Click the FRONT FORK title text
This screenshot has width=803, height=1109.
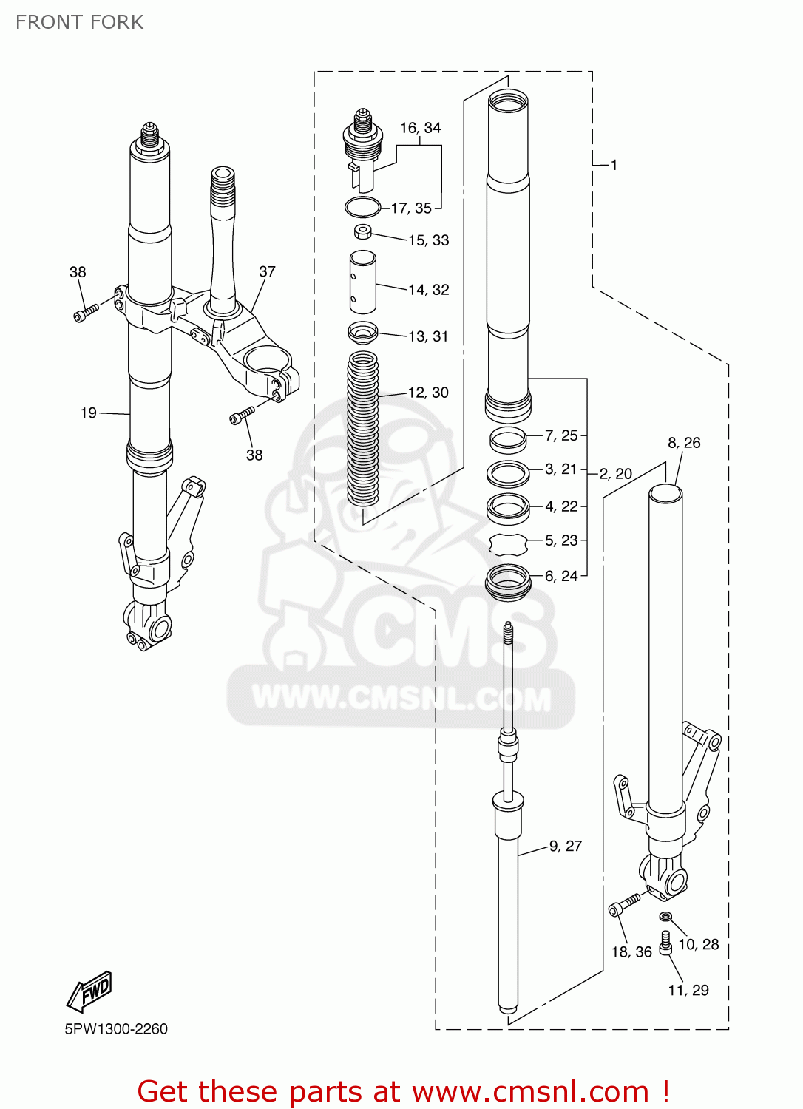(79, 22)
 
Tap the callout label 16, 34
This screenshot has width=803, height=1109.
(420, 128)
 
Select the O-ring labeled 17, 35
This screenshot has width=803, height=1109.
(362, 208)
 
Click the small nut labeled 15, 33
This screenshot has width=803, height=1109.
(362, 232)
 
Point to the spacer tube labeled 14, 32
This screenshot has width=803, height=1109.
(362, 282)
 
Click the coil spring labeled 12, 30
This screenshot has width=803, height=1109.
(362, 429)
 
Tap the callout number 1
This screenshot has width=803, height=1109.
(614, 165)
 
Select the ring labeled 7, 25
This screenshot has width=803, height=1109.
(508, 439)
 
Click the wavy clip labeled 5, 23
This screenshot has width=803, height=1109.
(508, 544)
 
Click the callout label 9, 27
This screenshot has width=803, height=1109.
(566, 846)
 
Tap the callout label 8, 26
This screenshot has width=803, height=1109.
(684, 442)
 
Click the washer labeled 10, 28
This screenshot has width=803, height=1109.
(665, 918)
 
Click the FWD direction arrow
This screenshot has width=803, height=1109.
(89, 991)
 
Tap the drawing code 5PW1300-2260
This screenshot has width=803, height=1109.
(116, 1029)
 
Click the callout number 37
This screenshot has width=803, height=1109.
(267, 271)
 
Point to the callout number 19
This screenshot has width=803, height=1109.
(88, 413)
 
